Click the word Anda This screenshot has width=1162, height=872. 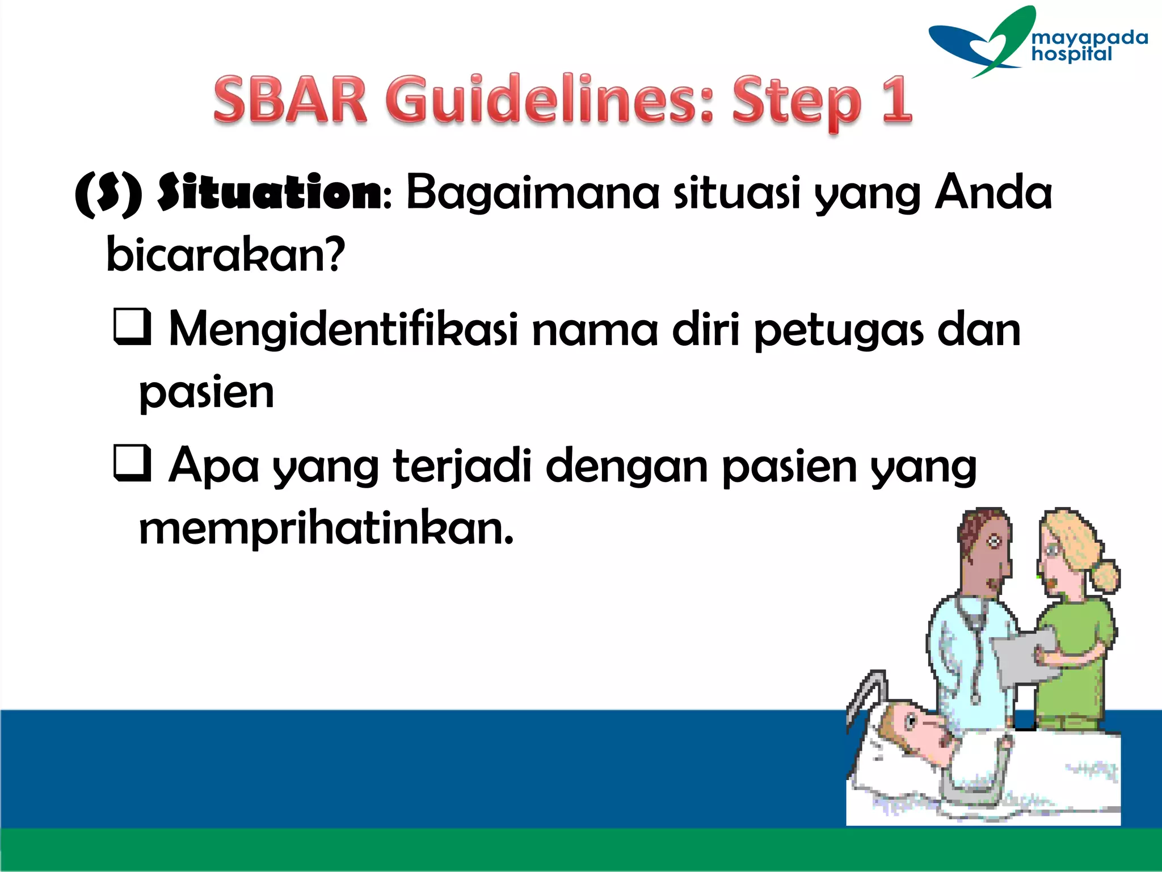pyautogui.click(x=993, y=193)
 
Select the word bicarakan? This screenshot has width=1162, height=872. pyautogui.click(x=226, y=255)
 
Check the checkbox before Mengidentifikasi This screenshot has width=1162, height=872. pyautogui.click(x=132, y=326)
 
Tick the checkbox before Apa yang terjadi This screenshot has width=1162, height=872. pyautogui.click(x=132, y=463)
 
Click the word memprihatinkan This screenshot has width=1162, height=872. pyautogui.click(x=326, y=529)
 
